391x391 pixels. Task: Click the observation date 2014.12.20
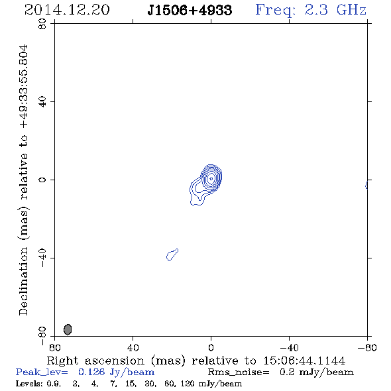click(67, 10)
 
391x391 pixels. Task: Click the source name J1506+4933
click(190, 11)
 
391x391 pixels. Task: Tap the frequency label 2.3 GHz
click(335, 10)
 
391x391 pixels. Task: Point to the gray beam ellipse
click(68, 329)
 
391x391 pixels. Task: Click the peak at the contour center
click(211, 178)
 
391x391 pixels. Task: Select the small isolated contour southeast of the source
click(172, 255)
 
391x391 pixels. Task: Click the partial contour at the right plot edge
click(366, 186)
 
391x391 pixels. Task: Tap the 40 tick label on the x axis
click(133, 348)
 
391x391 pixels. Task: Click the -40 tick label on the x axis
click(289, 348)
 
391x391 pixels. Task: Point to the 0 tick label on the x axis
click(211, 348)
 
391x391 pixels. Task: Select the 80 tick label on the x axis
click(55, 348)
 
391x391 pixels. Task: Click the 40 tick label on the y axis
click(42, 102)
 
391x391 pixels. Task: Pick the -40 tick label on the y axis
click(42, 258)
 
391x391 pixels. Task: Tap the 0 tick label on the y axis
click(42, 180)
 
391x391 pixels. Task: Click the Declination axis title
click(23, 180)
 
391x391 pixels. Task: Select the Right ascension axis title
click(196, 361)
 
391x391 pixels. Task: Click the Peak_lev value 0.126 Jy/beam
click(116, 372)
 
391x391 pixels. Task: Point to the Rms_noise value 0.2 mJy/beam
click(316, 372)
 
